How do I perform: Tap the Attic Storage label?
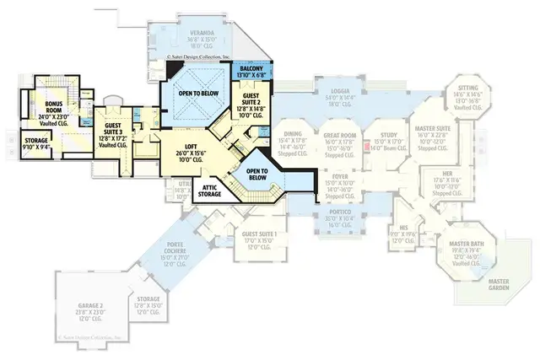click(211, 191)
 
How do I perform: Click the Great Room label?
click(337, 134)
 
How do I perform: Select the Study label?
click(389, 134)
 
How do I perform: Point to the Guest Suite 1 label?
click(258, 234)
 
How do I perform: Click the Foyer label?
click(337, 176)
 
